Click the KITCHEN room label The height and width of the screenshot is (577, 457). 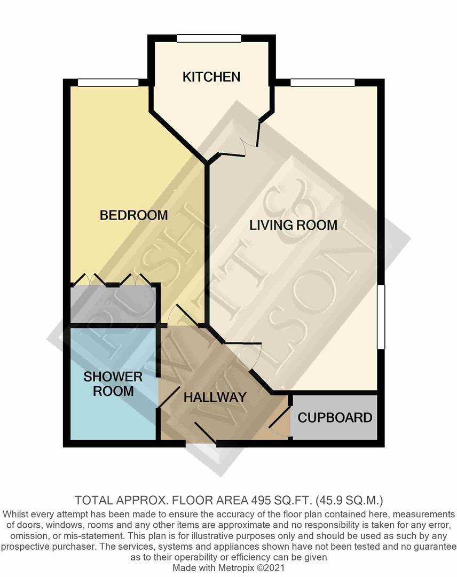click(x=211, y=77)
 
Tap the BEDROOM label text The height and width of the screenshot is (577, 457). click(x=134, y=215)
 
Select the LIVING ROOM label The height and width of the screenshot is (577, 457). click(x=293, y=225)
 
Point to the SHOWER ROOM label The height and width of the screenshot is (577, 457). click(x=113, y=384)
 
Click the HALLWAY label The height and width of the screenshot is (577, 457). click(x=215, y=397)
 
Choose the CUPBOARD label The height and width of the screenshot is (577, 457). click(x=335, y=418)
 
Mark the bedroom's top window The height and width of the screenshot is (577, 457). click(x=108, y=82)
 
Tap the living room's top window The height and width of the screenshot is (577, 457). click(x=322, y=82)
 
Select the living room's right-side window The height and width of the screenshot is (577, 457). click(x=381, y=317)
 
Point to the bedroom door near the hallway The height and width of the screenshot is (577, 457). click(x=183, y=316)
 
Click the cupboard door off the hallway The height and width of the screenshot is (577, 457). click(x=279, y=420)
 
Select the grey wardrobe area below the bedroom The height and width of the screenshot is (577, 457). click(x=113, y=305)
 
